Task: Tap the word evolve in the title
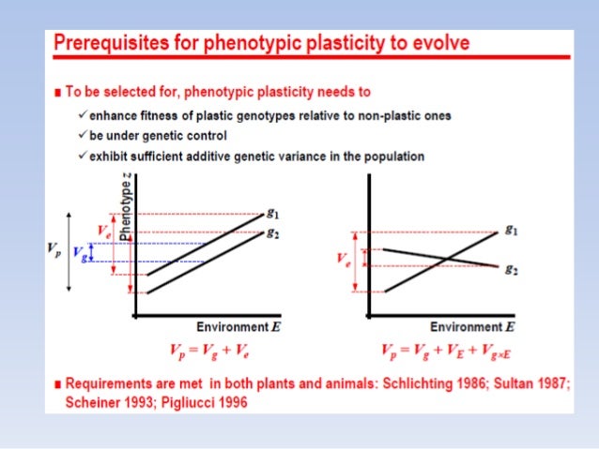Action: [441, 44]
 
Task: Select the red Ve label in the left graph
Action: [105, 229]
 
